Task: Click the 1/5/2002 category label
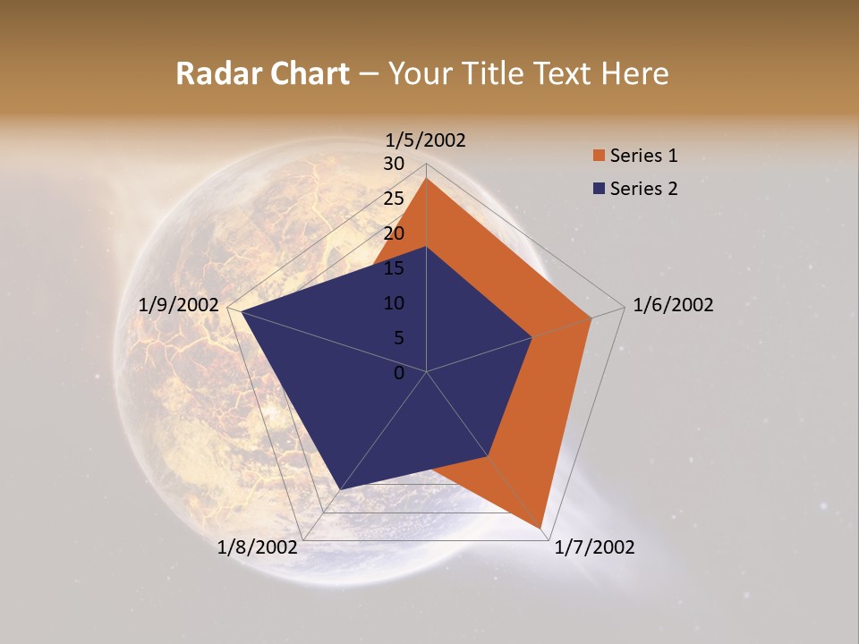[426, 140]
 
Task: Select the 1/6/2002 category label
[673, 305]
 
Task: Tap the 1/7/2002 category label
[594, 547]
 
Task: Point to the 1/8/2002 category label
[257, 547]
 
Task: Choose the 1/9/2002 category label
[178, 305]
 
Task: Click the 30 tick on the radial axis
[394, 164]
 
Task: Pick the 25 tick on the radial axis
[394, 199]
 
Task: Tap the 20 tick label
[394, 233]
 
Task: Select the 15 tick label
[394, 268]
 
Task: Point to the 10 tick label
[394, 303]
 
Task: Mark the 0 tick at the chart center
[399, 373]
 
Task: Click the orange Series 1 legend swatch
[599, 156]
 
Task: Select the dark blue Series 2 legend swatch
[599, 189]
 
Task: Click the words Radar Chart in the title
[262, 73]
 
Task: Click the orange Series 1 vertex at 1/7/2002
[542, 526]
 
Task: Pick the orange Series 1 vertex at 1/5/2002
[427, 179]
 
